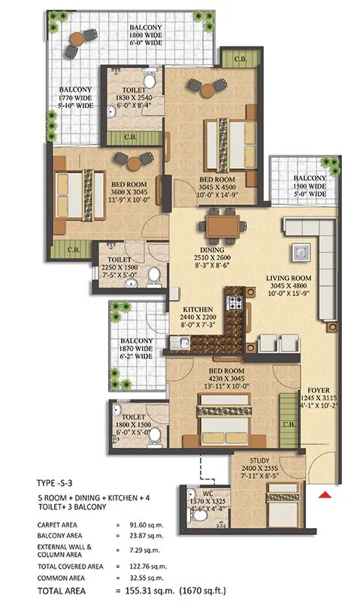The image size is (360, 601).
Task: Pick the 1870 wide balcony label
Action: click(x=135, y=346)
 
